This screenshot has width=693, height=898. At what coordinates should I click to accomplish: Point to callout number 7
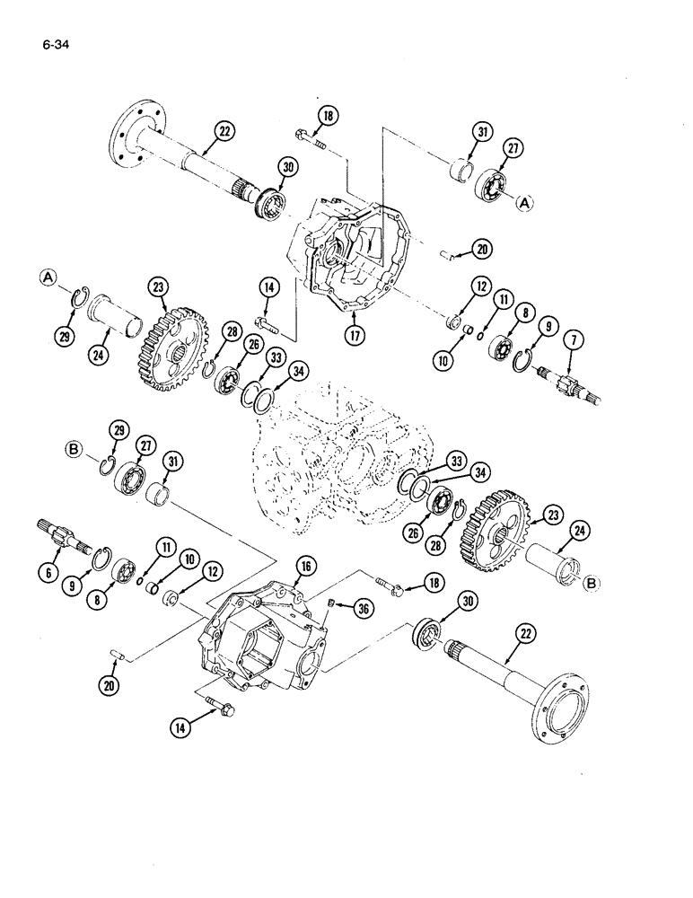(571, 341)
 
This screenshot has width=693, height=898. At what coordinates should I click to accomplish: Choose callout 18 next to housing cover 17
(327, 115)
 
